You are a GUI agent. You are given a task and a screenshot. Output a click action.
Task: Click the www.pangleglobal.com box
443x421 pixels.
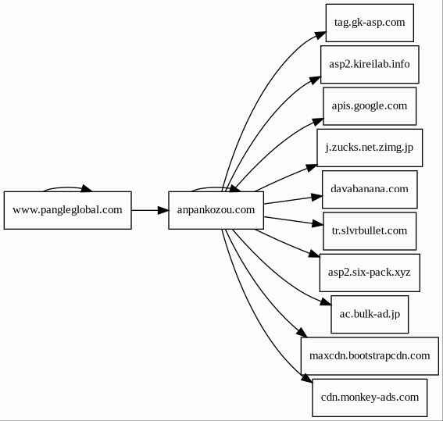point(67,210)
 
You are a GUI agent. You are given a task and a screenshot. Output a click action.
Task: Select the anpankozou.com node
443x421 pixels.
point(216,210)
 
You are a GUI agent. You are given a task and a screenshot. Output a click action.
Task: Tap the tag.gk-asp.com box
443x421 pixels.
point(370,23)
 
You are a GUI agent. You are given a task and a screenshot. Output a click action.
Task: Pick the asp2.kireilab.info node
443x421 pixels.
point(370,64)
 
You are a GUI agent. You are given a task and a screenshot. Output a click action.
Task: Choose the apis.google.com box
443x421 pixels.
point(370,106)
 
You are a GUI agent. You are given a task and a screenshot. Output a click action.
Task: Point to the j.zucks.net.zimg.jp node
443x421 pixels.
point(370,148)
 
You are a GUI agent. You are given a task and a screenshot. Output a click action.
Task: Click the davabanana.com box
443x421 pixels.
point(370,190)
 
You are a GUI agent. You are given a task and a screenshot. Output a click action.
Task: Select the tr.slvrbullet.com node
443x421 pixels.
point(370,231)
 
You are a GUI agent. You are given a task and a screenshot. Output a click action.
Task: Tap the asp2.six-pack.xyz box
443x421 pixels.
point(370,273)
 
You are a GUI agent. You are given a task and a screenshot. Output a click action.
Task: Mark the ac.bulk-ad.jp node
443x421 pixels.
point(370,314)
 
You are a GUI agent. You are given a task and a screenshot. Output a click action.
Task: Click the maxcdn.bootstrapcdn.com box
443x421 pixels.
point(370,356)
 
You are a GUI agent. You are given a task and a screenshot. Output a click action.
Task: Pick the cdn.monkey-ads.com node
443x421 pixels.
point(370,398)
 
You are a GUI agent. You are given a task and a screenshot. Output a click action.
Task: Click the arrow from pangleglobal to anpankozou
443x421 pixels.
point(150,210)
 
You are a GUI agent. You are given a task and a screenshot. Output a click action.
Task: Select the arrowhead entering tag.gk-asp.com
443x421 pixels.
point(320,35)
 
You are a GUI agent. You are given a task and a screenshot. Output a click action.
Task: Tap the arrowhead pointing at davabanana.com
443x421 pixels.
point(317,197)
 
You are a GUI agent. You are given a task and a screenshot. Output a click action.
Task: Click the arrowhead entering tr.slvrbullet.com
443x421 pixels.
point(318,223)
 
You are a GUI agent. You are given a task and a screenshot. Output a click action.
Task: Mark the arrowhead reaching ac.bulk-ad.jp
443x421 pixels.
point(326,302)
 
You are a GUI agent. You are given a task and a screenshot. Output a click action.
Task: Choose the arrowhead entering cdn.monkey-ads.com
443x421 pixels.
point(307,378)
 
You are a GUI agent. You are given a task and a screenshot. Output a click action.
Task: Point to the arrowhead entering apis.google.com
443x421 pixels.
point(318,121)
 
